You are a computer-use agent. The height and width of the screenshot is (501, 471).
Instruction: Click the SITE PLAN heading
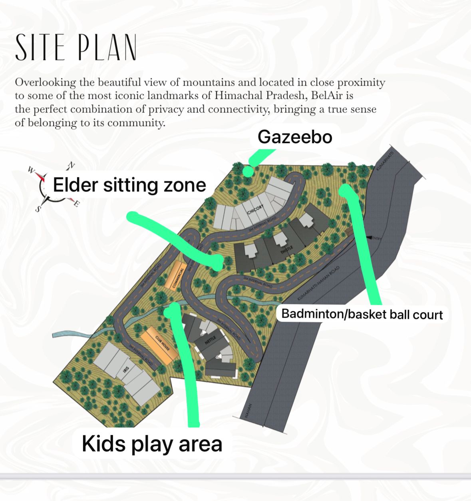point(76,47)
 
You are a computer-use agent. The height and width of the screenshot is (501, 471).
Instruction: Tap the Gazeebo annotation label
point(295,137)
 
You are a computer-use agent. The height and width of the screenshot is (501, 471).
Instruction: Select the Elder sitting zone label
point(129,185)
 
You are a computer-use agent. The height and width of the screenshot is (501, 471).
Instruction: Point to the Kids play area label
point(152,444)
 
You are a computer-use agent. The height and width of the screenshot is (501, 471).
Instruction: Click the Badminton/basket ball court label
point(362,314)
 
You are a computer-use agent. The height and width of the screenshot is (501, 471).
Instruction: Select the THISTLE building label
point(287,250)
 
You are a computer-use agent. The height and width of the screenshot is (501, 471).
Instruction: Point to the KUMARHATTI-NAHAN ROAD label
point(318,284)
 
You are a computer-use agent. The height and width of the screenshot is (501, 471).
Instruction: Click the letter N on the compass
point(72,165)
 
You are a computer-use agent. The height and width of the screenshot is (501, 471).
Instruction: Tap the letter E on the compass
point(76,204)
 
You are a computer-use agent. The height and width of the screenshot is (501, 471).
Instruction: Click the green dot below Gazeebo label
point(248,172)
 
